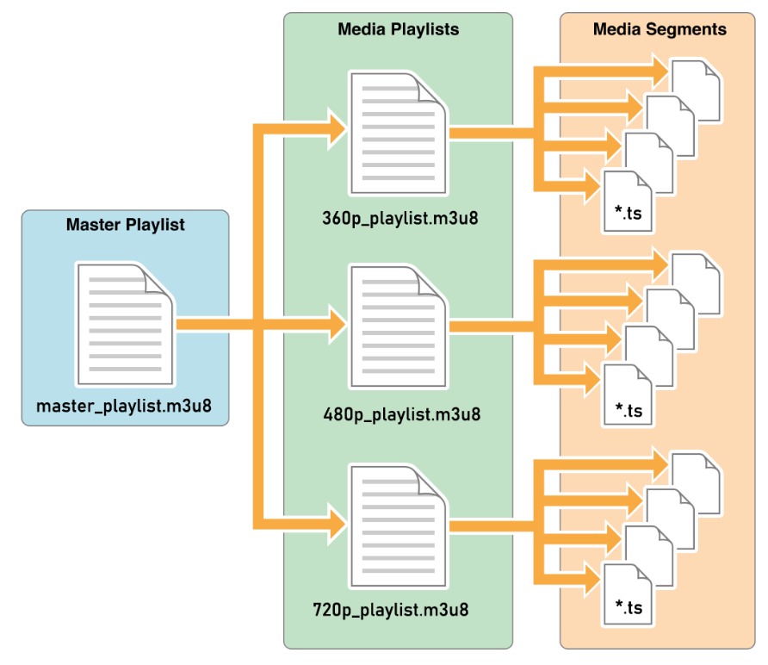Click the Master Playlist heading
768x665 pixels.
126,226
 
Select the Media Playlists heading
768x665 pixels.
398,29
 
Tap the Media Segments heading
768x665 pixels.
660,29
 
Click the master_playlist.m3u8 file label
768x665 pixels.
126,405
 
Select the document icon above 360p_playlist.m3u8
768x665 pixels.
398,133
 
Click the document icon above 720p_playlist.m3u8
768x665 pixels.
398,525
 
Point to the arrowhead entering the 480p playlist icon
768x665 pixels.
337,326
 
